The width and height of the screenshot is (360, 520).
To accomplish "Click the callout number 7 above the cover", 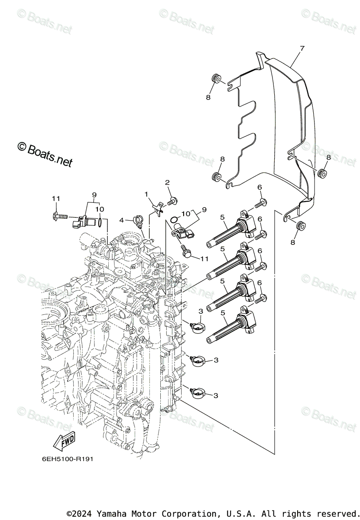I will coord(302,49).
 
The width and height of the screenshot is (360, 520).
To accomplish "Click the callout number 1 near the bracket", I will coord(146,194).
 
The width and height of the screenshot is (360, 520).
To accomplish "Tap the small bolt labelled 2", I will coord(173,200).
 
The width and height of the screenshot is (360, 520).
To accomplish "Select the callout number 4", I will coord(122,220).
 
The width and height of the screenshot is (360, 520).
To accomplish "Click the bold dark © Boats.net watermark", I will coord(44,154).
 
